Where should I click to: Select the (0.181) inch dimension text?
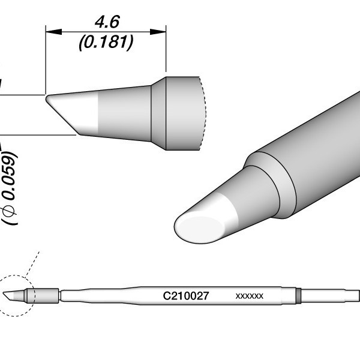point(106,42)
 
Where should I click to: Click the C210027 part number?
point(185,296)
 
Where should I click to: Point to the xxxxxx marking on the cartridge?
point(249,296)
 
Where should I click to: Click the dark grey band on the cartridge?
point(298,295)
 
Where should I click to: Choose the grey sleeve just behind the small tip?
point(47,295)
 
